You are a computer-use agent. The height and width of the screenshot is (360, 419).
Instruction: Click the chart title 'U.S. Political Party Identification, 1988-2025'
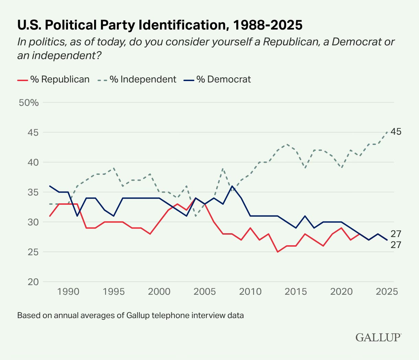pyautogui.click(x=160, y=25)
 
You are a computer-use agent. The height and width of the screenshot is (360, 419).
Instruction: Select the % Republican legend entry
pyautogui.click(x=53, y=79)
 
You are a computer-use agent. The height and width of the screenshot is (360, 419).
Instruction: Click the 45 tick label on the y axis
pyautogui.click(x=33, y=132)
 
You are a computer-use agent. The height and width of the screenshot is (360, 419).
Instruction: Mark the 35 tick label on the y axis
pyautogui.click(x=33, y=192)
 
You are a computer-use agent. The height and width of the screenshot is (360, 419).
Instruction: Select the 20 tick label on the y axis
pyautogui.click(x=33, y=282)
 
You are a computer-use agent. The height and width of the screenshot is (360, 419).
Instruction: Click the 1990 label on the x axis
pyautogui.click(x=68, y=292)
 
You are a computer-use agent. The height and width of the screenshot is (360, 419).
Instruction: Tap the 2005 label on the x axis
pyautogui.click(x=205, y=292)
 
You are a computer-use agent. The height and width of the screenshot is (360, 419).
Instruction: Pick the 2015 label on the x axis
pyautogui.click(x=296, y=292)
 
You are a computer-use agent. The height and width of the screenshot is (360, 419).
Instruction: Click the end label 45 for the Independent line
pyautogui.click(x=396, y=132)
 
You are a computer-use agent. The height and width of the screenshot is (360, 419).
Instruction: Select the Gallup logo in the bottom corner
pyautogui.click(x=378, y=337)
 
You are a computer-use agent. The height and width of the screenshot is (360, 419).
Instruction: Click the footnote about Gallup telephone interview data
pyautogui.click(x=131, y=315)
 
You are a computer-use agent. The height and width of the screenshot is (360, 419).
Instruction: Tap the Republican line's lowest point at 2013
pyautogui.click(x=278, y=252)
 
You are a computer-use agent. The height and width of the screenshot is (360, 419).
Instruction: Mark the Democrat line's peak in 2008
pyautogui.click(x=232, y=186)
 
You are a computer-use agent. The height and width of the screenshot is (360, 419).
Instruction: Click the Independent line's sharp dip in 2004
pyautogui.click(x=196, y=216)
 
